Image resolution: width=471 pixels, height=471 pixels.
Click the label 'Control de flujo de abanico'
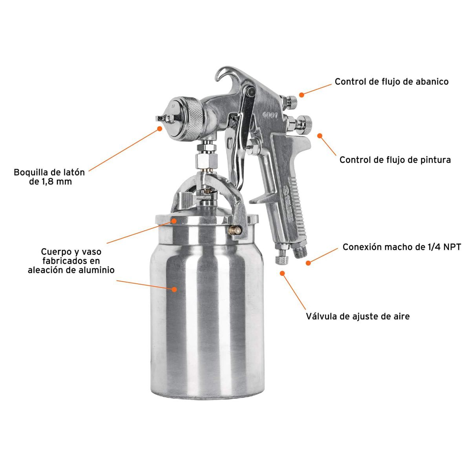point(391,82)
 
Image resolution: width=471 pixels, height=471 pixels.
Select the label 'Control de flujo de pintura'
point(395,160)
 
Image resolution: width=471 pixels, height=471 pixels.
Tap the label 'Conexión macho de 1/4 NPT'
point(402,247)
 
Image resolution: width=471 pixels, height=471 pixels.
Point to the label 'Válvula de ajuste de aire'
point(358,316)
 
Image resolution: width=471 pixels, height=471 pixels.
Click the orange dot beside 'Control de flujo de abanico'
point(301,95)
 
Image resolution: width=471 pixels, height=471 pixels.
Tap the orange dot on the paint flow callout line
point(320,135)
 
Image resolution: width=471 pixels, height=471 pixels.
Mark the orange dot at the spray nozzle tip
point(159,128)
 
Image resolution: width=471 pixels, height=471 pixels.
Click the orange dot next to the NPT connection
point(309,262)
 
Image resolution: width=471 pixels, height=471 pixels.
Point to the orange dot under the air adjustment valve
point(282,273)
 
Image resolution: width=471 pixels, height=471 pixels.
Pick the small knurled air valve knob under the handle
point(281,259)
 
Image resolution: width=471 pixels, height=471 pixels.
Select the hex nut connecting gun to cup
point(206,159)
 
